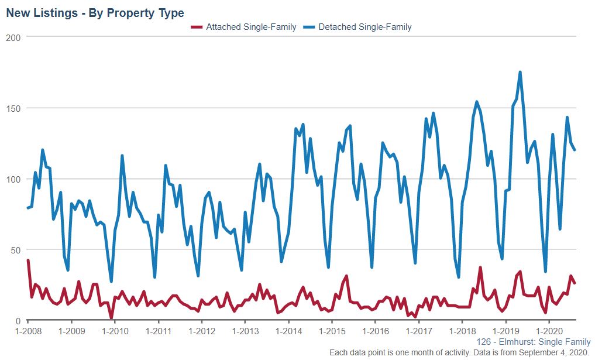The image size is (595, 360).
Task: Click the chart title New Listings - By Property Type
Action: click(95, 13)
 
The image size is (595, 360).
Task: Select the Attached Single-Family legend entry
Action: click(251, 27)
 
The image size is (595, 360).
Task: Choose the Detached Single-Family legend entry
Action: click(365, 27)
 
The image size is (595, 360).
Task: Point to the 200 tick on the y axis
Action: click(13, 37)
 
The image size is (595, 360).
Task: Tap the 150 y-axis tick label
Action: click(13, 108)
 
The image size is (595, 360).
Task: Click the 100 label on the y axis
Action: click(13, 179)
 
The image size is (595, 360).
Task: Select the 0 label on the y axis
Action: click(18, 321)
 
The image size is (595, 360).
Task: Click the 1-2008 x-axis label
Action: click(28, 331)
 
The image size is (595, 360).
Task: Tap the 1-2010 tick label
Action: click(115, 331)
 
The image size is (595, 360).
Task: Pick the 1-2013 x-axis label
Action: click(245, 331)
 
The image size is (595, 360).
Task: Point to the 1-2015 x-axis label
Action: click(332, 331)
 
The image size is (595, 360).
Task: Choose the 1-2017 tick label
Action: click(419, 331)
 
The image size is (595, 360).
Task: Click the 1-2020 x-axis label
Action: click(549, 331)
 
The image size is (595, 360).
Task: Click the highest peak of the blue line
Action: click(520, 73)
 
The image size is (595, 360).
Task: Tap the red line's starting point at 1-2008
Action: click(28, 260)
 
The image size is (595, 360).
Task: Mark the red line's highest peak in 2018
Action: click(480, 268)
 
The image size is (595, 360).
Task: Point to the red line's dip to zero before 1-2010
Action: click(111, 318)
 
